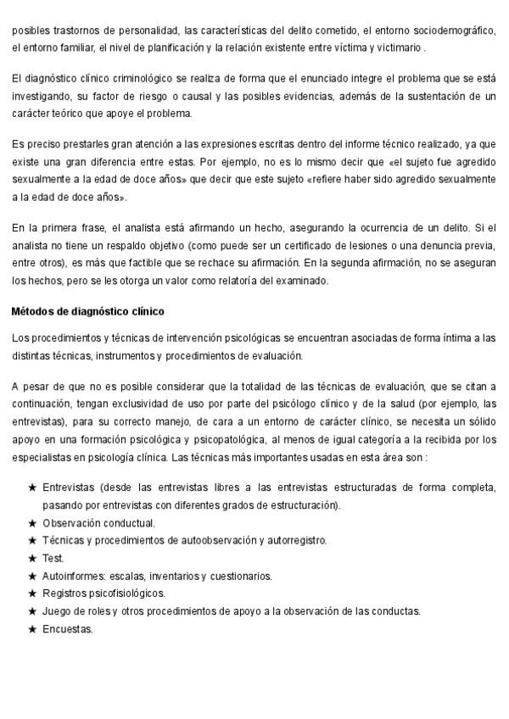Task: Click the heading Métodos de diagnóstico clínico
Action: (x=87, y=312)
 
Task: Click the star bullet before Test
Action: (x=32, y=558)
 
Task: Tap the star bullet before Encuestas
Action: (x=32, y=629)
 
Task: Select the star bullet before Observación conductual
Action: (x=32, y=523)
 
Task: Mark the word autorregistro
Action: (x=296, y=540)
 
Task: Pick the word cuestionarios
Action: (x=241, y=576)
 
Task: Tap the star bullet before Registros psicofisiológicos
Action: (x=32, y=594)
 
